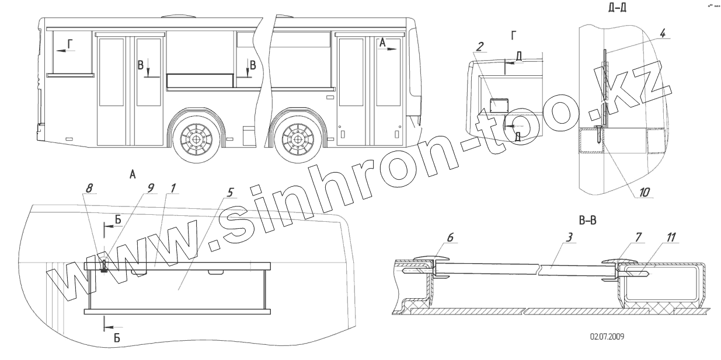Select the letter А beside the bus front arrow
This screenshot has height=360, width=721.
pyautogui.click(x=382, y=43)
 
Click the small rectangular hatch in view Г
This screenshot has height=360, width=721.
pyautogui.click(x=499, y=105)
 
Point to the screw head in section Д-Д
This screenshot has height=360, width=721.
pyautogui.click(x=599, y=128)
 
